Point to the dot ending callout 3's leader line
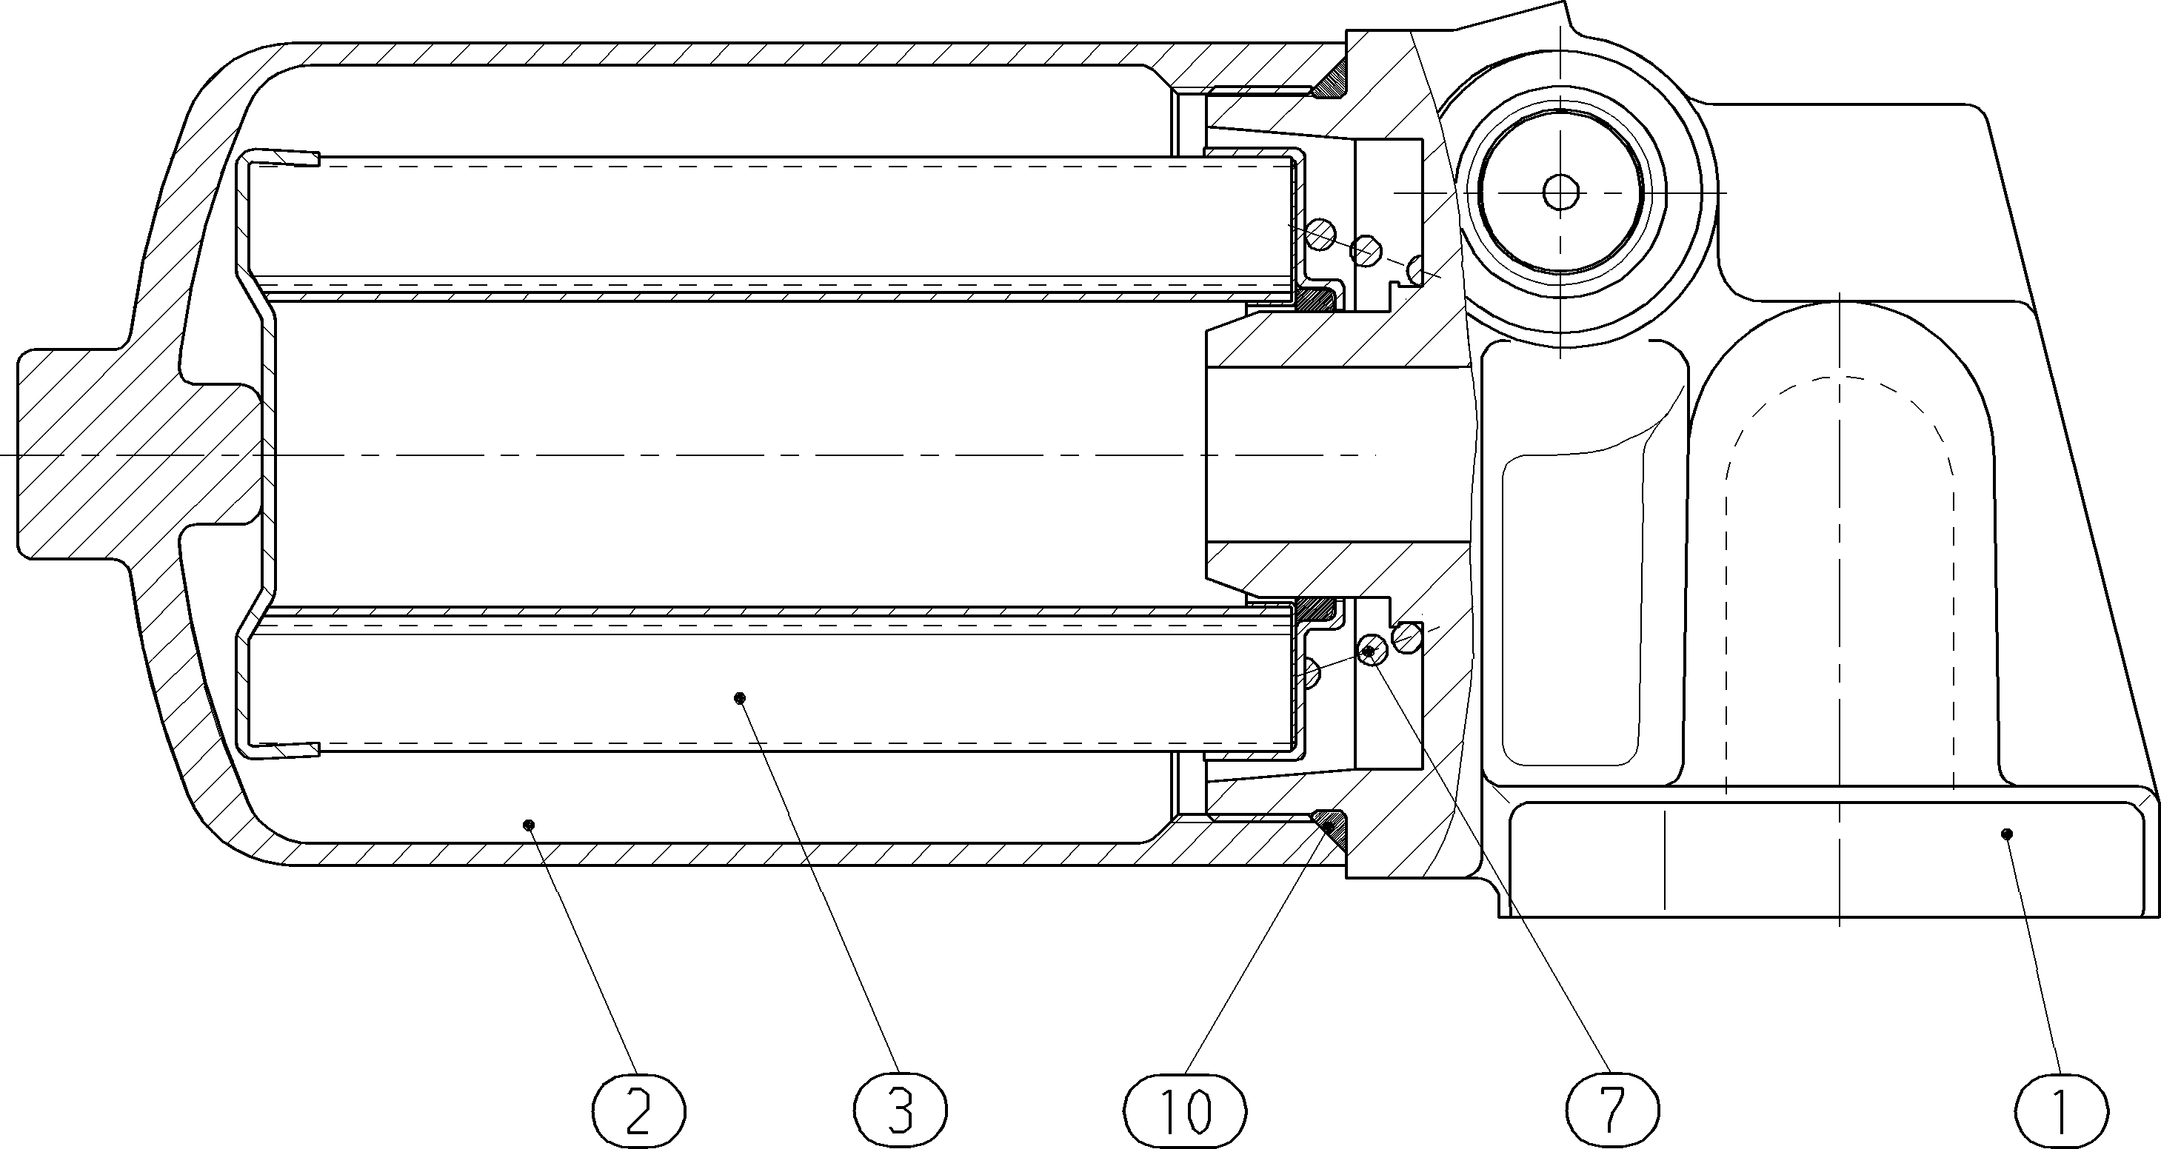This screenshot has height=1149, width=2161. [x=739, y=698]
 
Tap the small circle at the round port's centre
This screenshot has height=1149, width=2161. [x=1560, y=192]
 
